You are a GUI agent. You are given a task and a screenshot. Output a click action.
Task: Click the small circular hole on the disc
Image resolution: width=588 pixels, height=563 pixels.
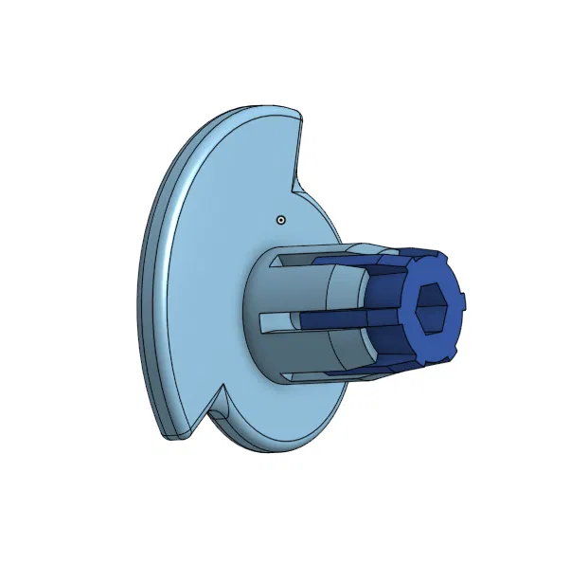click(x=280, y=220)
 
